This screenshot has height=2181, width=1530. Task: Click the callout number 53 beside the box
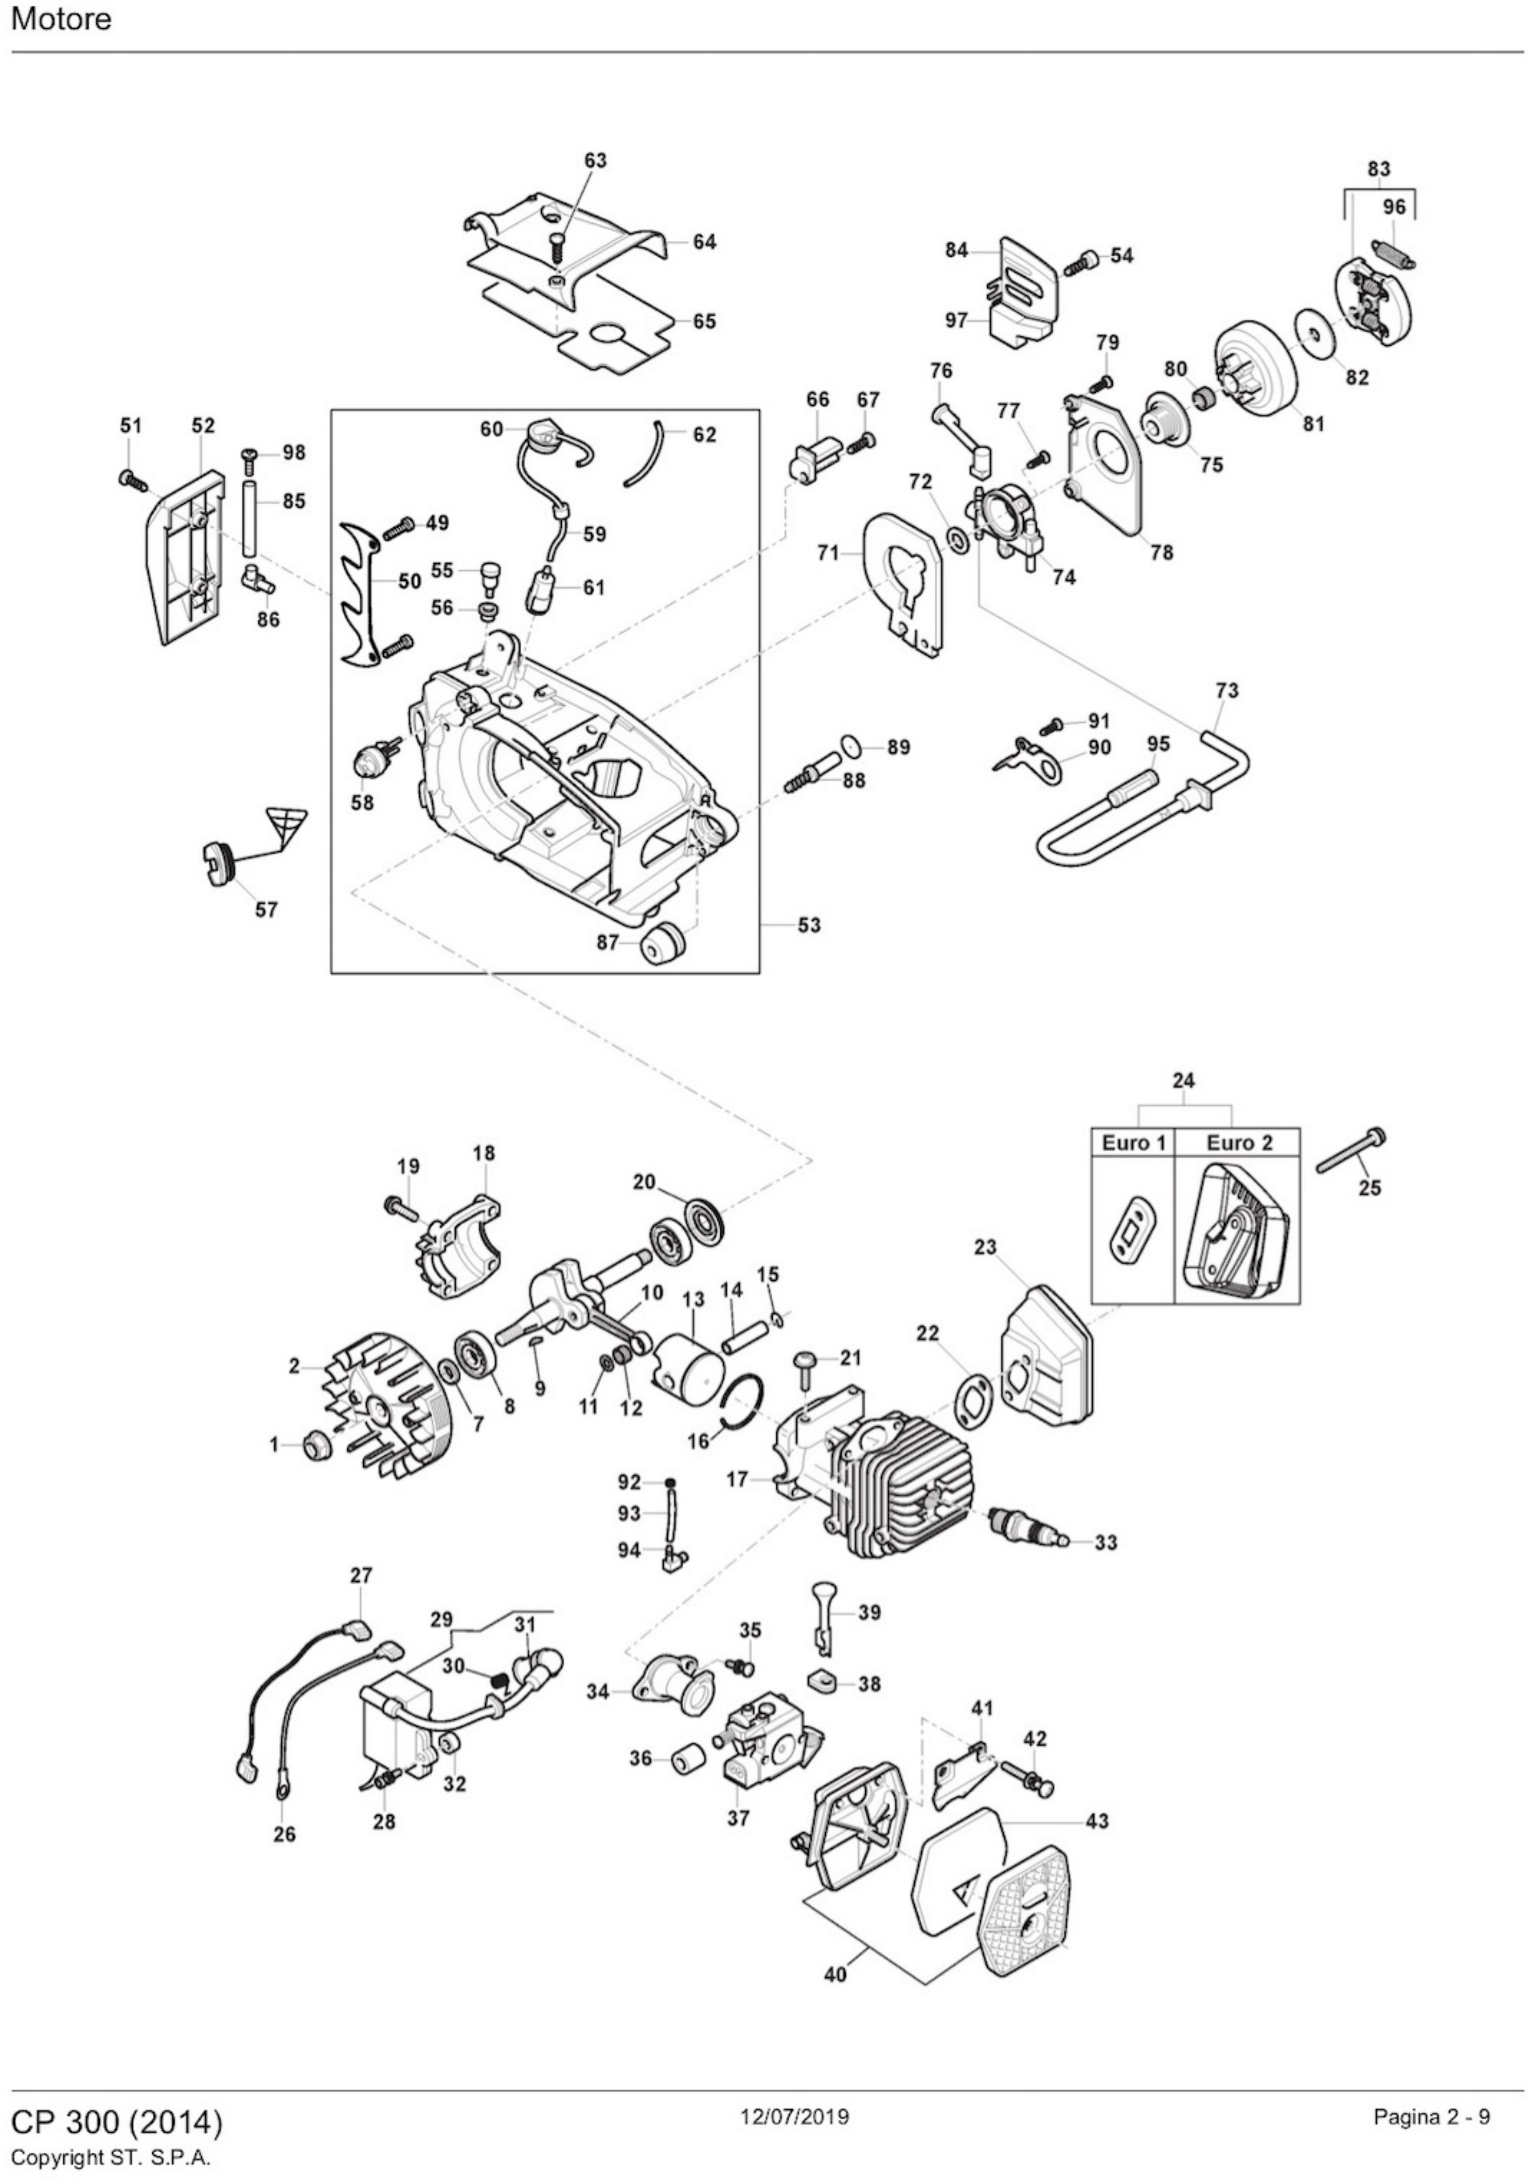pyautogui.click(x=809, y=924)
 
